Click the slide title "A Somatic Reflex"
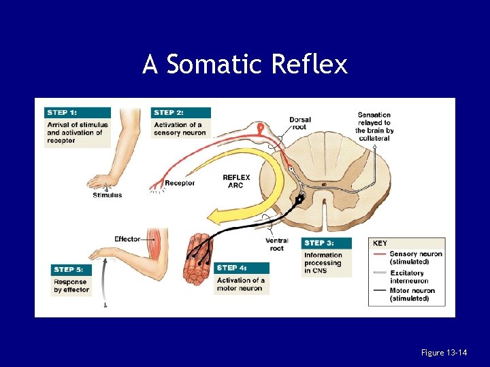(245, 65)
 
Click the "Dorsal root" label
(300, 124)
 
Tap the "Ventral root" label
(277, 245)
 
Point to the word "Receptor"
(180, 183)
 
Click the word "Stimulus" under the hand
(107, 195)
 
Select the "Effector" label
(127, 239)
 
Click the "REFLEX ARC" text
(236, 181)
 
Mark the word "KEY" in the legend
(380, 243)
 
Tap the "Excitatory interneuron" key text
(409, 277)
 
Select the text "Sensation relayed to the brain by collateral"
(374, 126)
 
